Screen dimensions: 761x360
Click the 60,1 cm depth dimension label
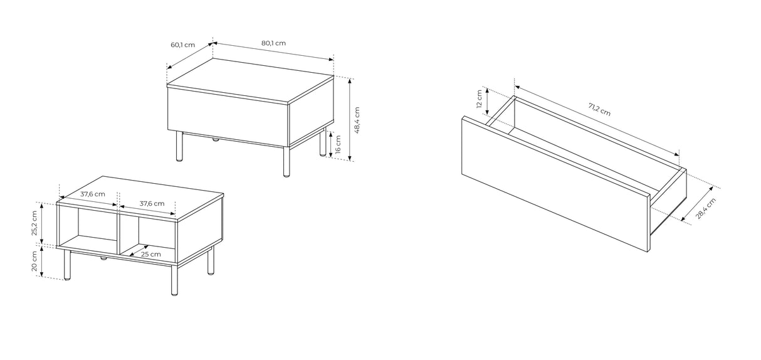pyautogui.click(x=183, y=45)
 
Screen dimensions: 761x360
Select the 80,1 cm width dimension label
pyautogui.click(x=273, y=43)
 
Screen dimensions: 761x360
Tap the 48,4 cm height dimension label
pyautogui.click(x=357, y=120)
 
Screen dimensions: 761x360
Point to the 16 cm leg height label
pyautogui.click(x=338, y=144)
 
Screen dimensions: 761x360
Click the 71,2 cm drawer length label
pyautogui.click(x=599, y=109)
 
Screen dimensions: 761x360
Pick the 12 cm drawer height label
pyautogui.click(x=480, y=98)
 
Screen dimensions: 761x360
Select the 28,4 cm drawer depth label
pyautogui.click(x=705, y=208)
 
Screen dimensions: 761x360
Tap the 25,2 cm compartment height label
pyautogui.click(x=34, y=223)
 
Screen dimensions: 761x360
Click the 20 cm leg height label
pyautogui.click(x=34, y=261)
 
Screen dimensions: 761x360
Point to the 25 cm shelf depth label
pyautogui.click(x=151, y=254)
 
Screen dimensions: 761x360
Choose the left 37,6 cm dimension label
pyautogui.click(x=93, y=194)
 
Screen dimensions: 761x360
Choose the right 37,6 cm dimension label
pyautogui.click(x=152, y=204)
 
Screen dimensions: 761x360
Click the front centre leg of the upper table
pyautogui.click(x=286, y=162)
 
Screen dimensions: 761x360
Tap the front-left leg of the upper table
pyautogui.click(x=179, y=147)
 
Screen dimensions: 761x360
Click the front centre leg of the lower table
pyautogui.click(x=174, y=280)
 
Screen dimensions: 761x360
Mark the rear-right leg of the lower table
pyautogui.click(x=211, y=261)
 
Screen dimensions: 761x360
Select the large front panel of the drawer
pyautogui.click(x=556, y=184)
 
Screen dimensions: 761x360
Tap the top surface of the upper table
pyautogui.click(x=250, y=80)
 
